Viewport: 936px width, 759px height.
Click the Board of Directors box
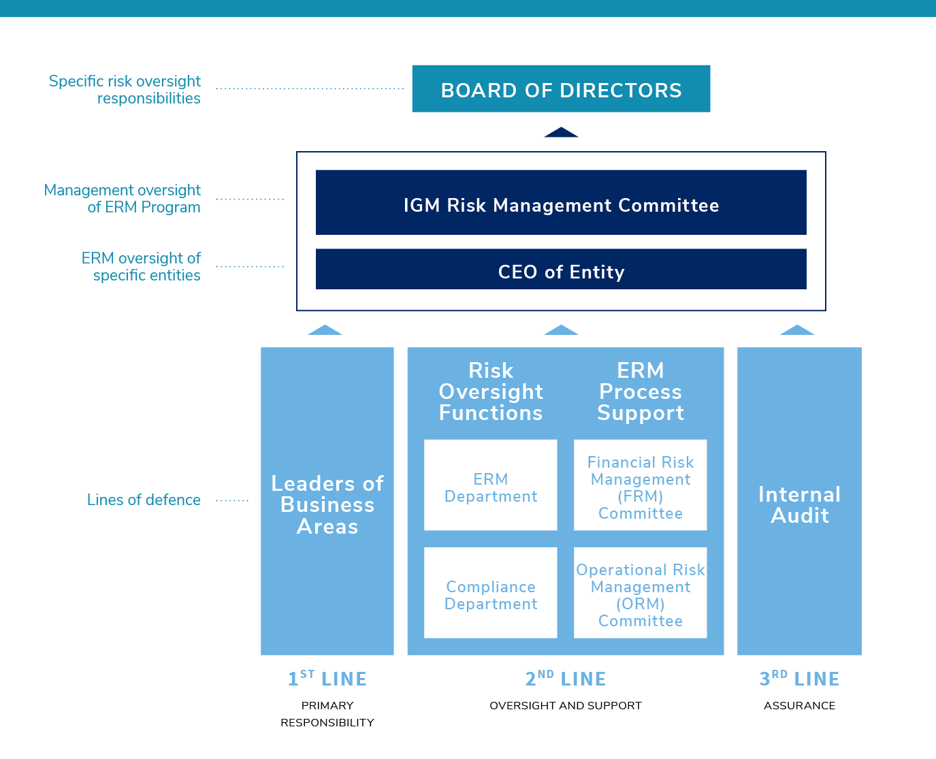[x=561, y=88]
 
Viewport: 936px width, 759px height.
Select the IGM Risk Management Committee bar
[x=561, y=202]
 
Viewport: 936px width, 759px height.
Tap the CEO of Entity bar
[x=561, y=269]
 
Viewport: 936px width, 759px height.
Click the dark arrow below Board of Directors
[x=561, y=132]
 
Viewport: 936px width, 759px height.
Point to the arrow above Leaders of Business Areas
[x=325, y=330]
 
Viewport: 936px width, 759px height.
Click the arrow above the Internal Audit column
[x=797, y=330]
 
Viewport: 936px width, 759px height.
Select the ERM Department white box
[x=490, y=485]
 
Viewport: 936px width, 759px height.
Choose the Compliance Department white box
[x=490, y=592]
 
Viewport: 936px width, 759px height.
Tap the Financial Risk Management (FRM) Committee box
[x=641, y=485]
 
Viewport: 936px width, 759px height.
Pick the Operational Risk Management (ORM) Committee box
[x=641, y=592]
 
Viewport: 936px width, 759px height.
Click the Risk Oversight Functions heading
[x=491, y=391]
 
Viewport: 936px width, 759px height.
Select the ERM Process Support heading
[x=641, y=391]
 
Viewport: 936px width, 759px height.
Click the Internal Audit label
[x=799, y=505]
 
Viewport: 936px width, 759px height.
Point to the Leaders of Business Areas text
[x=327, y=505]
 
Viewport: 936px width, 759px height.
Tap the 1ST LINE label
[x=327, y=678]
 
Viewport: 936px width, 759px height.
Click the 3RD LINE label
[x=799, y=678]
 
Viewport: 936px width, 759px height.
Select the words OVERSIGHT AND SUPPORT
[x=566, y=705]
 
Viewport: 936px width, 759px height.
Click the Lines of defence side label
[x=144, y=500]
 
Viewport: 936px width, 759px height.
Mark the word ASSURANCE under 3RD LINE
[x=799, y=705]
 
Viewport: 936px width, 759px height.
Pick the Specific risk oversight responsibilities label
[x=125, y=89]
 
